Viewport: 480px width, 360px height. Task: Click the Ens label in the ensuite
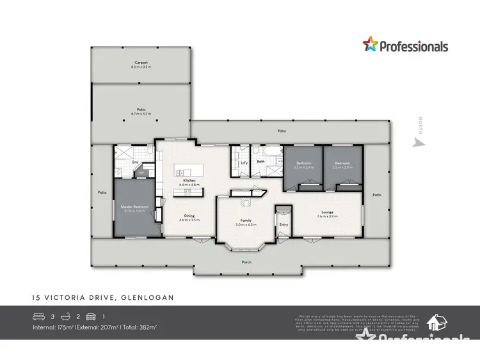point(135,162)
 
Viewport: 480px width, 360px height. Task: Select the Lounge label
point(327,214)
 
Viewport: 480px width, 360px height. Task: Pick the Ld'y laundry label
point(243,162)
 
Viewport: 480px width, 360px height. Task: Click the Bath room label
point(261,162)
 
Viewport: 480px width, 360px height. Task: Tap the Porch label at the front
point(246,262)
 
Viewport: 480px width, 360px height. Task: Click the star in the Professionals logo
point(371,45)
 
